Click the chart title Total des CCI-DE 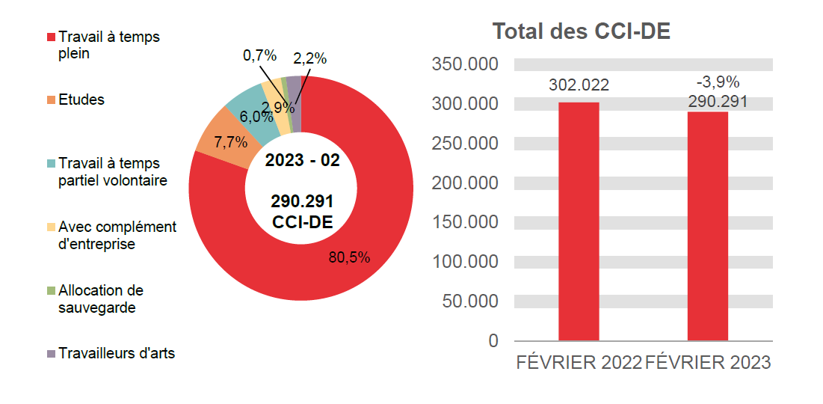click(x=581, y=32)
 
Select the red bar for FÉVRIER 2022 click(x=579, y=221)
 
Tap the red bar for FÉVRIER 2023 click(x=707, y=226)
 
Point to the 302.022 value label click(x=579, y=85)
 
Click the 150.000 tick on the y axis click(x=465, y=222)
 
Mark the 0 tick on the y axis click(x=493, y=341)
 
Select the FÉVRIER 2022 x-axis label click(x=579, y=362)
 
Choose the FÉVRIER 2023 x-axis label click(x=707, y=362)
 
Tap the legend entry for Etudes click(x=81, y=100)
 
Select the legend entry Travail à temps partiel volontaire click(x=112, y=171)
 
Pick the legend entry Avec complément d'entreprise click(x=117, y=235)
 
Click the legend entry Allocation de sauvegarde click(x=101, y=299)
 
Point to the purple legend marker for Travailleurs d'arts click(x=52, y=353)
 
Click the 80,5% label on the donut click(x=349, y=257)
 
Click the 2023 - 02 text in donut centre click(x=302, y=162)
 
